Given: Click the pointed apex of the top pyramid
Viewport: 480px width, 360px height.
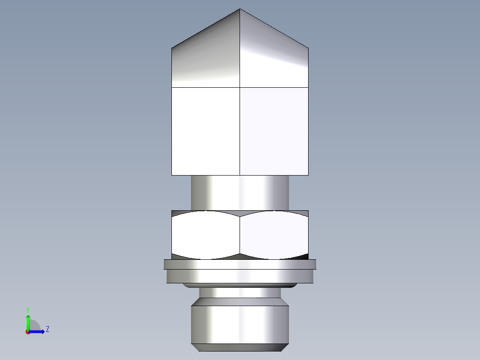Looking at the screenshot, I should pyautogui.click(x=240, y=9).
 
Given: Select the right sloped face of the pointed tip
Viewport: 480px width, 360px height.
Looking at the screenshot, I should pyautogui.click(x=274, y=58).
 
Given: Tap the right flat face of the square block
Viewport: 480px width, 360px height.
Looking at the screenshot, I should pyautogui.click(x=274, y=131).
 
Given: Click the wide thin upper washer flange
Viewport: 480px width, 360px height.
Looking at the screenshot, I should pyautogui.click(x=240, y=264).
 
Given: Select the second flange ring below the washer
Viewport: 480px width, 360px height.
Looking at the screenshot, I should pyautogui.click(x=240, y=276).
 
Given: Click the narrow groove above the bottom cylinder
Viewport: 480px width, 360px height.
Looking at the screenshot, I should pyautogui.click(x=240, y=293).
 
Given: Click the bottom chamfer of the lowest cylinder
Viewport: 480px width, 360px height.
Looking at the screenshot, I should pyautogui.click(x=240, y=348).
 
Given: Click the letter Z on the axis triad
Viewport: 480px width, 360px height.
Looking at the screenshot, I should pyautogui.click(x=48, y=329).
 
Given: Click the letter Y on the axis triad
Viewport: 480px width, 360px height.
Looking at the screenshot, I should pyautogui.click(x=28, y=309).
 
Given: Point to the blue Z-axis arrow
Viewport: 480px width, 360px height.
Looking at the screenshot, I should pyautogui.click(x=38, y=331).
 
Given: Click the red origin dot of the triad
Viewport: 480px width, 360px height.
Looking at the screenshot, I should pyautogui.click(x=28, y=332).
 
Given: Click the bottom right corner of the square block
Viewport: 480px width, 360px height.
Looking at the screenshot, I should pyautogui.click(x=308, y=175).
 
